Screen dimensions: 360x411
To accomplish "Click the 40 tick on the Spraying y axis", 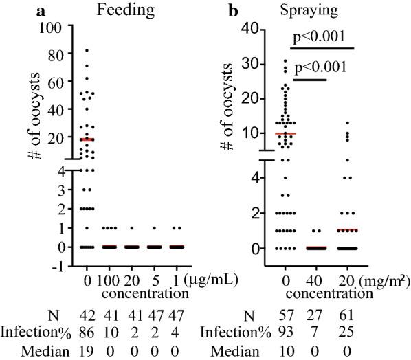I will (258, 29).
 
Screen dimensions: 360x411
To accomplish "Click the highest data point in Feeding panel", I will (87, 50).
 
